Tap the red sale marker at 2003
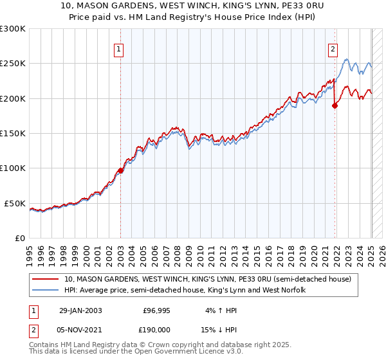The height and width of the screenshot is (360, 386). pos(120,170)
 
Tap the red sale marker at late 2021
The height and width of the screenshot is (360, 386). pos(335,106)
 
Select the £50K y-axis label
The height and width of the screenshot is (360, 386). pos(15,203)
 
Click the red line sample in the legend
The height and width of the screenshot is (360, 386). pos(45,280)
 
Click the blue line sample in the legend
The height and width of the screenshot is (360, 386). pos(45,291)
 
